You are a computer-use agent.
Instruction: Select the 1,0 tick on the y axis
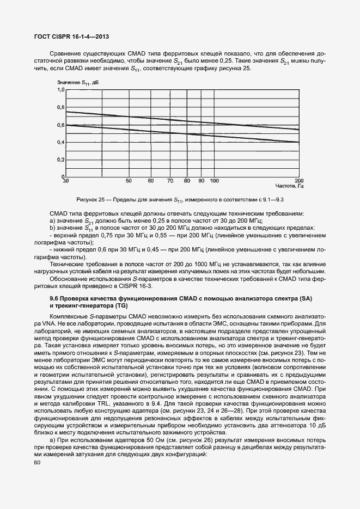click(x=60, y=89)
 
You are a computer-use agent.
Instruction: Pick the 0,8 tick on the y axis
click(x=60, y=107)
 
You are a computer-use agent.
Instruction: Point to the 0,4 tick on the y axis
click(x=60, y=143)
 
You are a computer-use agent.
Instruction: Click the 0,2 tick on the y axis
click(x=60, y=160)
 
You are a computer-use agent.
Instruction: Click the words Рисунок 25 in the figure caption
click(x=90, y=200)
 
